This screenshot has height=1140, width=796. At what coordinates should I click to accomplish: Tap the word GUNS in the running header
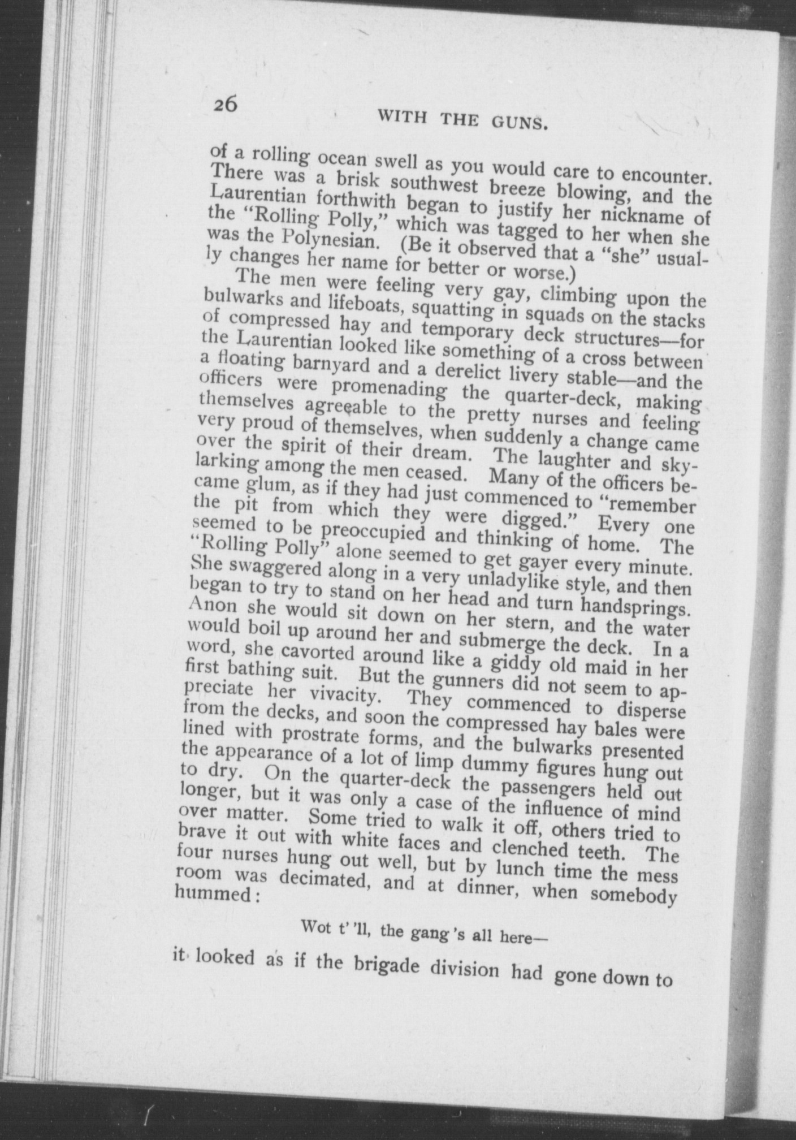(x=518, y=122)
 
